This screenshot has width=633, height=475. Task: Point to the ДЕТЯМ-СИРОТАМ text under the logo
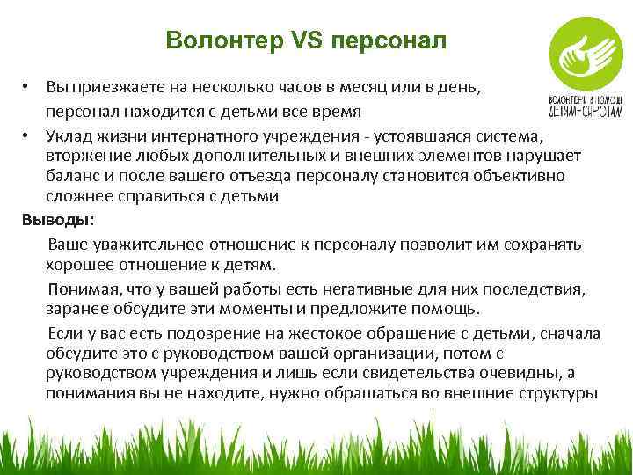click(586, 113)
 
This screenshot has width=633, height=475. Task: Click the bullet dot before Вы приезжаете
click(28, 89)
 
